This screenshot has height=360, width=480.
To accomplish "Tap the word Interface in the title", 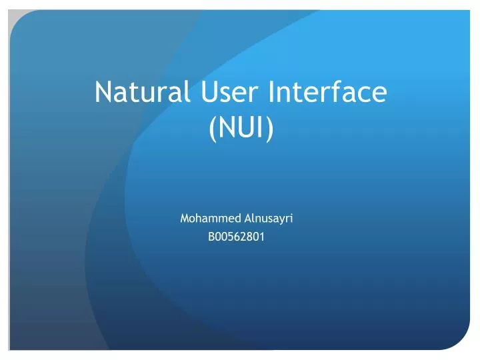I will pos(327,92).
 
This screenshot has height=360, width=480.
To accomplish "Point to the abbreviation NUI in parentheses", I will pos(241,128).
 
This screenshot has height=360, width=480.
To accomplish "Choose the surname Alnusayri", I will pos(270,218).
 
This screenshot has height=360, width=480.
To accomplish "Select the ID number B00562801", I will pos(237,235).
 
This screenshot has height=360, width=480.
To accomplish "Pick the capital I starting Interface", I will pos(271,92).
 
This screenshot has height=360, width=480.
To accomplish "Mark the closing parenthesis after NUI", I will pos(269,129).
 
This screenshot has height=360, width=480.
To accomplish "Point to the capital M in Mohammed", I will pos(185,218).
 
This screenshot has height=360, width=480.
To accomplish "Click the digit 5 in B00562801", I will pos(230,235).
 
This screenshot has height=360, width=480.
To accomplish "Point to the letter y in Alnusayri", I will pos(283,219).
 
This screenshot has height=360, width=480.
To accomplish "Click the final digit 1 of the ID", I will pos(261,235).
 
